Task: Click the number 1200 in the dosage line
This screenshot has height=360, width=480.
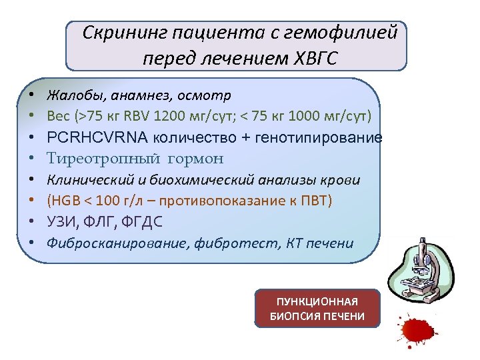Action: (167, 116)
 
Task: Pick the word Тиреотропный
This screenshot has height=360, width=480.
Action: (93, 159)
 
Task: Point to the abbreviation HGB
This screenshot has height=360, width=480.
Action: (65, 200)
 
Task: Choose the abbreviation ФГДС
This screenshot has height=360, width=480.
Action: (142, 221)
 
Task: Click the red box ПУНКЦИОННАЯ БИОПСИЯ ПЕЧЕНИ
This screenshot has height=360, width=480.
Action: (317, 308)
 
